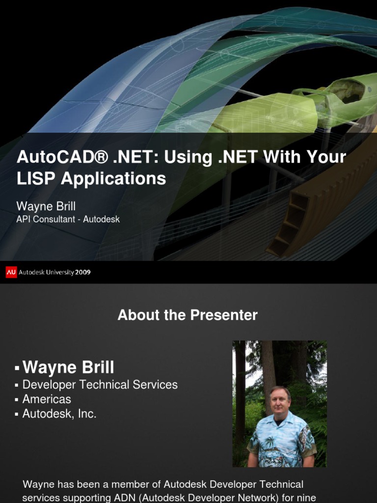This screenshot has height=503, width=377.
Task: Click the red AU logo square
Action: click(x=11, y=272)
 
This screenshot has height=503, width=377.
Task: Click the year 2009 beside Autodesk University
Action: click(x=83, y=272)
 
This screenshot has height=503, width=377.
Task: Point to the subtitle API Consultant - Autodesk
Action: click(x=68, y=219)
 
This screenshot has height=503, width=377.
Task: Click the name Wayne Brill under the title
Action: click(x=46, y=206)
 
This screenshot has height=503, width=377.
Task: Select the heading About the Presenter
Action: click(x=188, y=315)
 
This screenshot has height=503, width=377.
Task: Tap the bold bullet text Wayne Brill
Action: click(x=68, y=367)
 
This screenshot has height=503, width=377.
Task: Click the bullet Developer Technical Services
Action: click(x=100, y=385)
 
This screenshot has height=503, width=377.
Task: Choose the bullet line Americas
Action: click(x=47, y=399)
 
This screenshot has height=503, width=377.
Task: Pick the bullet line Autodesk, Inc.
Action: click(x=59, y=414)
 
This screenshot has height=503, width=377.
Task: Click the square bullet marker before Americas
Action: click(x=17, y=400)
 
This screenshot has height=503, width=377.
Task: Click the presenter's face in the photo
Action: click(x=280, y=401)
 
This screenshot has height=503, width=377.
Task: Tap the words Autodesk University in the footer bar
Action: click(x=47, y=272)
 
